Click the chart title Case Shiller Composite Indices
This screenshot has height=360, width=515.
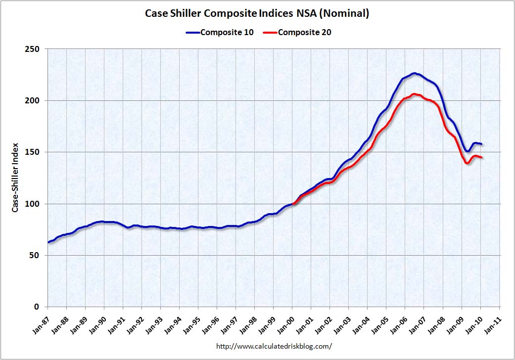click(x=257, y=13)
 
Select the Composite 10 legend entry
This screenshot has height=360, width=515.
click(x=220, y=33)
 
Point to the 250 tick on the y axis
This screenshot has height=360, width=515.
click(x=34, y=49)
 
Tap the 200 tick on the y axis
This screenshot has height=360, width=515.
click(x=34, y=100)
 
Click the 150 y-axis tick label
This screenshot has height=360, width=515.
click(x=34, y=152)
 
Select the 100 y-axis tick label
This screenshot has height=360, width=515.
click(x=34, y=204)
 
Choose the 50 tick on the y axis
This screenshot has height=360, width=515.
click(x=36, y=255)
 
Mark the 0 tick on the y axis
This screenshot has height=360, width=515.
click(x=38, y=307)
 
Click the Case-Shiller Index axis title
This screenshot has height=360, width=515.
click(x=15, y=178)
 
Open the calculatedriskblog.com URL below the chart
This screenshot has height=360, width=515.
click(x=274, y=346)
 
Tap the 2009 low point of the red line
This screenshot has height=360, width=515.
click(x=467, y=163)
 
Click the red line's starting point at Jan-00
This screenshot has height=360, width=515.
click(x=293, y=203)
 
